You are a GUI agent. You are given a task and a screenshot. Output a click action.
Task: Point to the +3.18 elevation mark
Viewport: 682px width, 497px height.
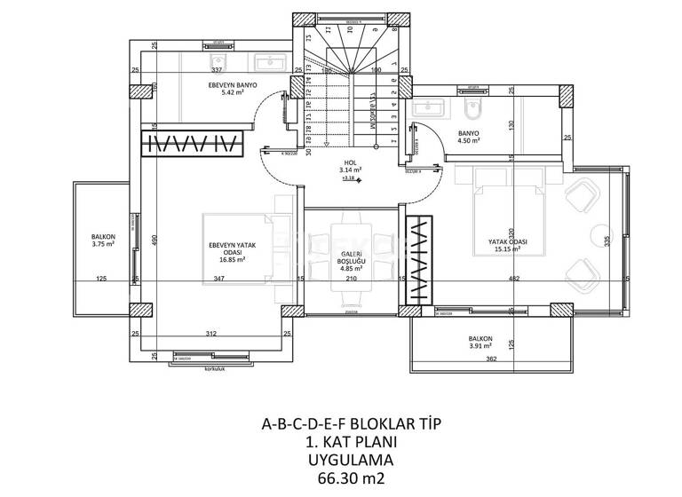pos(349,177)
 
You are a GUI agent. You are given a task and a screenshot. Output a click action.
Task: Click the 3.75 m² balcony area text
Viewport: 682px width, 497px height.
pos(104,244)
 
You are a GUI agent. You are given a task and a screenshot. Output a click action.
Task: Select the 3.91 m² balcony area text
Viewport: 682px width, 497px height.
pos(480,346)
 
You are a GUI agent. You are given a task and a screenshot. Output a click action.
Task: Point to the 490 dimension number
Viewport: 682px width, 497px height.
pos(152,240)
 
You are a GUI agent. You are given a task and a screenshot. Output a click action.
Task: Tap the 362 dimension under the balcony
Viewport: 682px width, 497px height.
pos(491,359)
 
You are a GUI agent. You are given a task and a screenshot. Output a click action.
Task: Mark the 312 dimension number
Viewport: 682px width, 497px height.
pos(212,334)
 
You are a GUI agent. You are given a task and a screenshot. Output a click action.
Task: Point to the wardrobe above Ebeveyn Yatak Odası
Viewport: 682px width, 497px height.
pos(193,143)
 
